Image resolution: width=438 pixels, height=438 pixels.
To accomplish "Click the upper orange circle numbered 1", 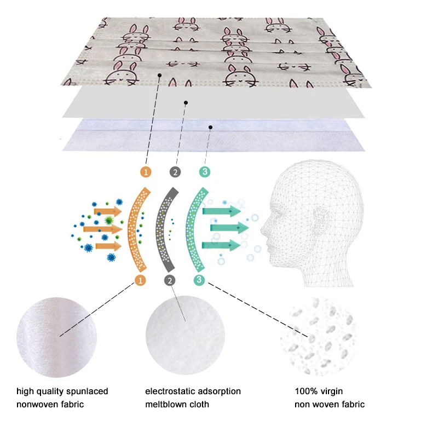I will (x=146, y=172).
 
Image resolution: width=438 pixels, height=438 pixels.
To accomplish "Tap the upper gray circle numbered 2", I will (x=175, y=172).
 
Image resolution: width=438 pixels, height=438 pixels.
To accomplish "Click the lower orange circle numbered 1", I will (x=141, y=280).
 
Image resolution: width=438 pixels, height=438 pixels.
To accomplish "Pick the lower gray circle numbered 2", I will (x=170, y=280).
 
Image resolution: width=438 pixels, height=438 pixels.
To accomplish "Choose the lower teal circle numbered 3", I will (x=199, y=280).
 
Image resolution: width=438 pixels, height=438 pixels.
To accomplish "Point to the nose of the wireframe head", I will (x=262, y=224).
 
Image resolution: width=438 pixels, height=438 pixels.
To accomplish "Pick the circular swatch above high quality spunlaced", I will (x=57, y=334).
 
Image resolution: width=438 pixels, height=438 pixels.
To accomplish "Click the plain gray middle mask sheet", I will (x=214, y=102).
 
